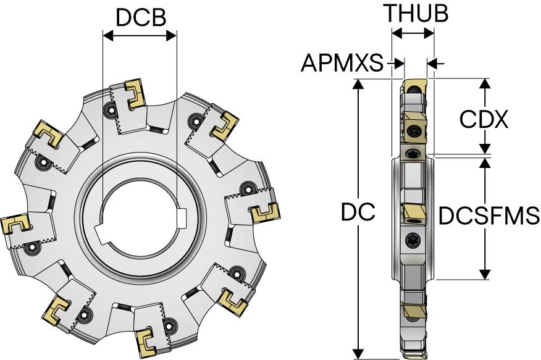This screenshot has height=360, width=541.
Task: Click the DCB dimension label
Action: tap(141, 17)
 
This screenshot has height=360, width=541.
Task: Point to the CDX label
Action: tap(484, 119)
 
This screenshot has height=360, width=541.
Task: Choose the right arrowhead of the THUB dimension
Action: tap(430, 35)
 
